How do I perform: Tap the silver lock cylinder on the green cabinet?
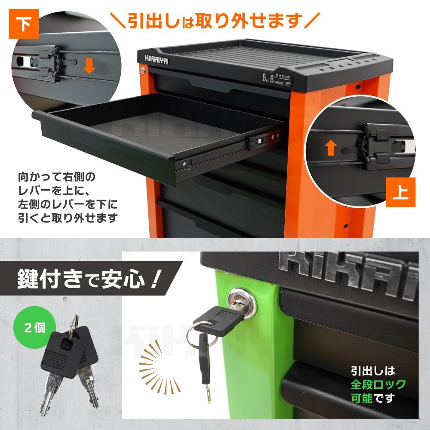241,299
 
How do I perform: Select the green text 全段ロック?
378,384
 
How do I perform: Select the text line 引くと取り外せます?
68,218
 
